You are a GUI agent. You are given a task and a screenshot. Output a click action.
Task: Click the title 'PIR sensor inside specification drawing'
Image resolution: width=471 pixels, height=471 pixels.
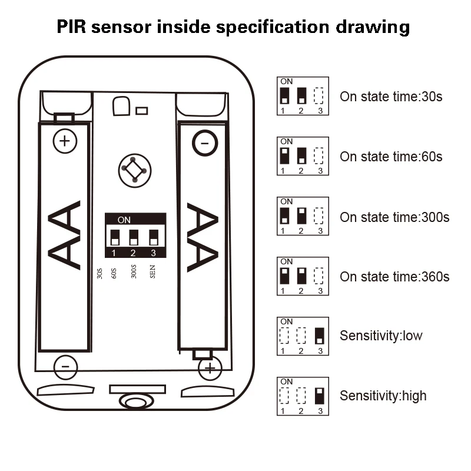tap(233, 27)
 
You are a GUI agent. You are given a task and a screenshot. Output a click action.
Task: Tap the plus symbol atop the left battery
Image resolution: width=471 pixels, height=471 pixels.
tap(65, 141)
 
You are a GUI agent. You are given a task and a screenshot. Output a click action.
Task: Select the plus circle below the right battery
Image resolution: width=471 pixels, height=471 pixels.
tap(210, 369)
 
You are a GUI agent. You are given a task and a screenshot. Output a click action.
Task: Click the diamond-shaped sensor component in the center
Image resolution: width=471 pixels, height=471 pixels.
tap(134, 170)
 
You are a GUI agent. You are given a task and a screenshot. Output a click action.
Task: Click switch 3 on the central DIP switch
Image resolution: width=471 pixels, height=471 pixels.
tap(154, 237)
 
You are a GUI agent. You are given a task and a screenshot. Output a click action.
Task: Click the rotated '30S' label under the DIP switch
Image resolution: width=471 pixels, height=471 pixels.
tap(99, 274)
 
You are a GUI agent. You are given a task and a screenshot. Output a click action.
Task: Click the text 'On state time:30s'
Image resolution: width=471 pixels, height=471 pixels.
tap(391, 97)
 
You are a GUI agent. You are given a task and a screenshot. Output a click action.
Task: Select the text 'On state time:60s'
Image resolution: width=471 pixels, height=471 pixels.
tap(391, 157)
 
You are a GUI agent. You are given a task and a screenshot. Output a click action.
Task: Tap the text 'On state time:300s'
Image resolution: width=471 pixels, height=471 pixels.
tap(394, 217)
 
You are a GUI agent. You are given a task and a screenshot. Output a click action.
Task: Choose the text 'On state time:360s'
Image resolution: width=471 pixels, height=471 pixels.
tap(394, 277)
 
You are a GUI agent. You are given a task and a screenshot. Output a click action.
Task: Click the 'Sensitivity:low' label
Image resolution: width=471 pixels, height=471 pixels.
tap(381, 336)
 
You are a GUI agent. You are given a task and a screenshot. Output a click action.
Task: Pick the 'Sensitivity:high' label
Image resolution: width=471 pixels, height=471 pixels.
tap(383, 396)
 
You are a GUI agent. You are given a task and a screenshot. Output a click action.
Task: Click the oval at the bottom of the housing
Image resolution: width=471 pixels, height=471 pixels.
tap(134, 402)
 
